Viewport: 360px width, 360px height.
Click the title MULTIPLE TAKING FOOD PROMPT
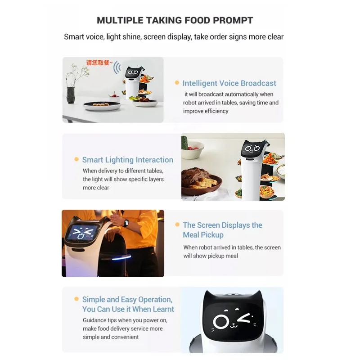click(x=175, y=20)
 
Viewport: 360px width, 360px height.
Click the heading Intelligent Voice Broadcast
click(x=229, y=83)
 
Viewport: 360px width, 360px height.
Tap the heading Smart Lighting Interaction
click(x=127, y=160)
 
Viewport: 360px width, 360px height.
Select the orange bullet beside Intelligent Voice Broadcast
click(x=177, y=83)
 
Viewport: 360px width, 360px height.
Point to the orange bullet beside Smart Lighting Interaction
click(x=76, y=159)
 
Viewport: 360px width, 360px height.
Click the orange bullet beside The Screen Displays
click(x=177, y=225)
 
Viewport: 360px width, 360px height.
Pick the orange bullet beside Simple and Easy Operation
click(x=76, y=299)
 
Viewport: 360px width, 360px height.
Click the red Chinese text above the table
click(x=99, y=63)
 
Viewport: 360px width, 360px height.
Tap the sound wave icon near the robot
click(x=117, y=68)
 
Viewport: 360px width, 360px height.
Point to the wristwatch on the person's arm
click(x=126, y=223)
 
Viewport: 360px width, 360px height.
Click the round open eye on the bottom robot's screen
click(x=221, y=321)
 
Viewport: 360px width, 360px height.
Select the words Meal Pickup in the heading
click(x=203, y=235)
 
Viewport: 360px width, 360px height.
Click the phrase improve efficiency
click(x=206, y=111)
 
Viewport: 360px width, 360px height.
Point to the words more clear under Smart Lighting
click(x=96, y=188)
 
